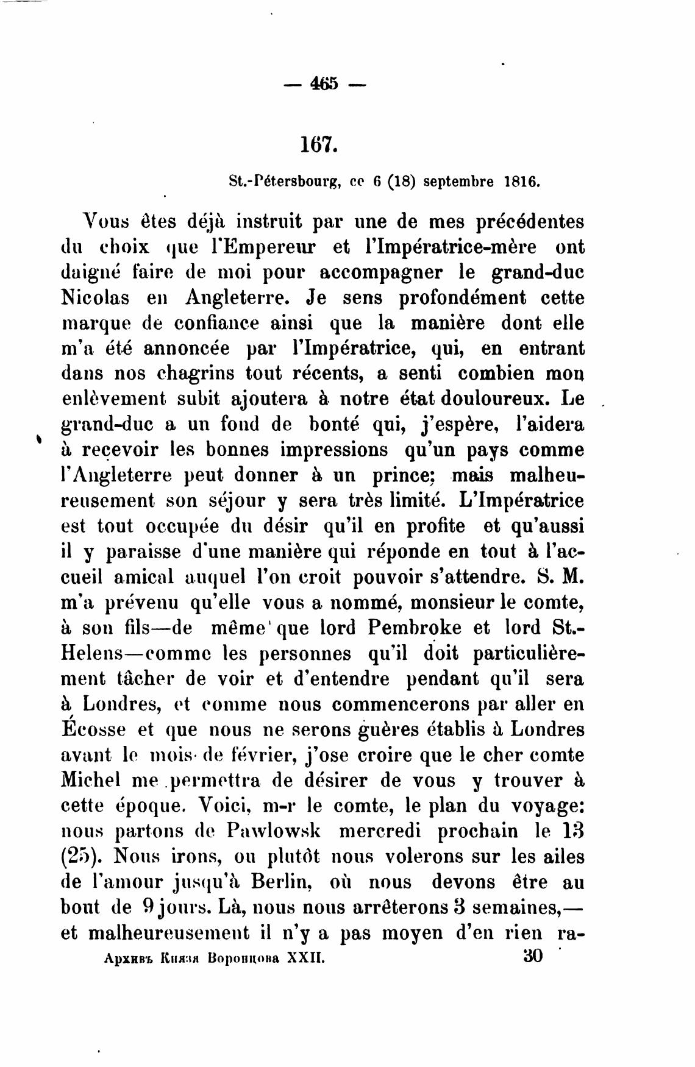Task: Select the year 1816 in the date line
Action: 521,182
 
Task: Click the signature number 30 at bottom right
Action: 533,956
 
